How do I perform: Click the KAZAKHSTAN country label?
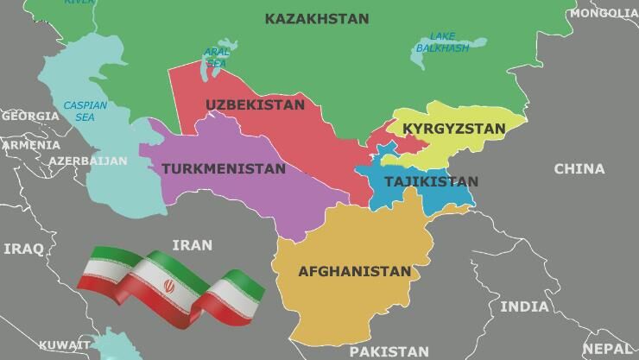(x=316, y=18)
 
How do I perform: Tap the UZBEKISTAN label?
(x=255, y=105)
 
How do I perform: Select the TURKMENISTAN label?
(x=223, y=169)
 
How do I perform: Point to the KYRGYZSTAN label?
(x=454, y=129)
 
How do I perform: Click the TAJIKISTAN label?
(x=431, y=182)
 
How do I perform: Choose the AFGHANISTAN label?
(x=354, y=272)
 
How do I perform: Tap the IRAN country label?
(x=192, y=245)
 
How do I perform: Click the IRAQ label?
(x=23, y=249)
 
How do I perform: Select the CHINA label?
(x=579, y=169)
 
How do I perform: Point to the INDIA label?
(x=524, y=306)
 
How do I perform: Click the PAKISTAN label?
(x=389, y=351)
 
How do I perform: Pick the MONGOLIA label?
(x=604, y=14)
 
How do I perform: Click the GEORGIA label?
(x=30, y=116)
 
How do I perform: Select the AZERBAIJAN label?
(x=87, y=161)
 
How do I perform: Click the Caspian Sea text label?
(x=85, y=111)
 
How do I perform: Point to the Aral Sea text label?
(x=217, y=58)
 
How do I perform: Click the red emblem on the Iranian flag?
(x=170, y=284)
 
